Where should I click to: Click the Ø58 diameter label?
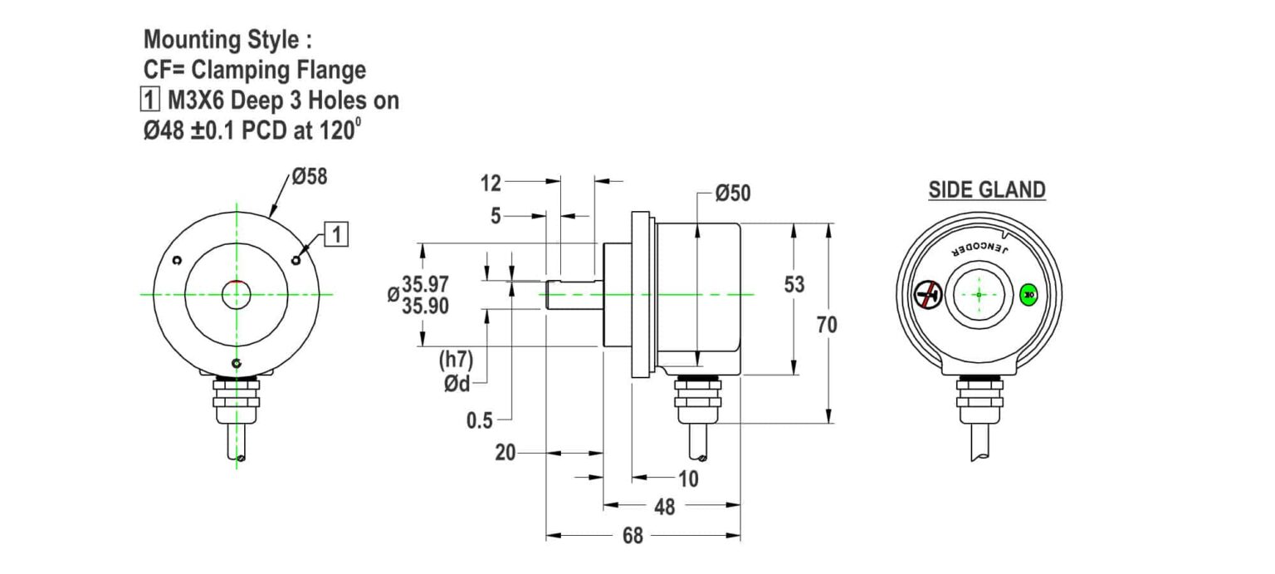(x=310, y=177)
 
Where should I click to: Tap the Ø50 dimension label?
(x=732, y=194)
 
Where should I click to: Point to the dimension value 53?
(x=794, y=285)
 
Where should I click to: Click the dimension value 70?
(x=827, y=326)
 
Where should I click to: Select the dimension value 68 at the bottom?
(x=633, y=537)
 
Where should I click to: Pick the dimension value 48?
(x=664, y=507)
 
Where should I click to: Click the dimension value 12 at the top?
(x=491, y=181)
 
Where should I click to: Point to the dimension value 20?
(x=505, y=454)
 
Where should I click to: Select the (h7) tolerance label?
(x=456, y=361)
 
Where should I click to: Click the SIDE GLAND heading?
(x=986, y=189)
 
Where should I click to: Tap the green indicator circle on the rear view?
(x=1029, y=293)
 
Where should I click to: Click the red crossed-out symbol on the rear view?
(x=928, y=294)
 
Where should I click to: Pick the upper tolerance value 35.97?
(x=426, y=284)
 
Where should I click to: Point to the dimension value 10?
(x=688, y=479)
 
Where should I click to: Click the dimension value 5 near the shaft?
(x=496, y=216)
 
